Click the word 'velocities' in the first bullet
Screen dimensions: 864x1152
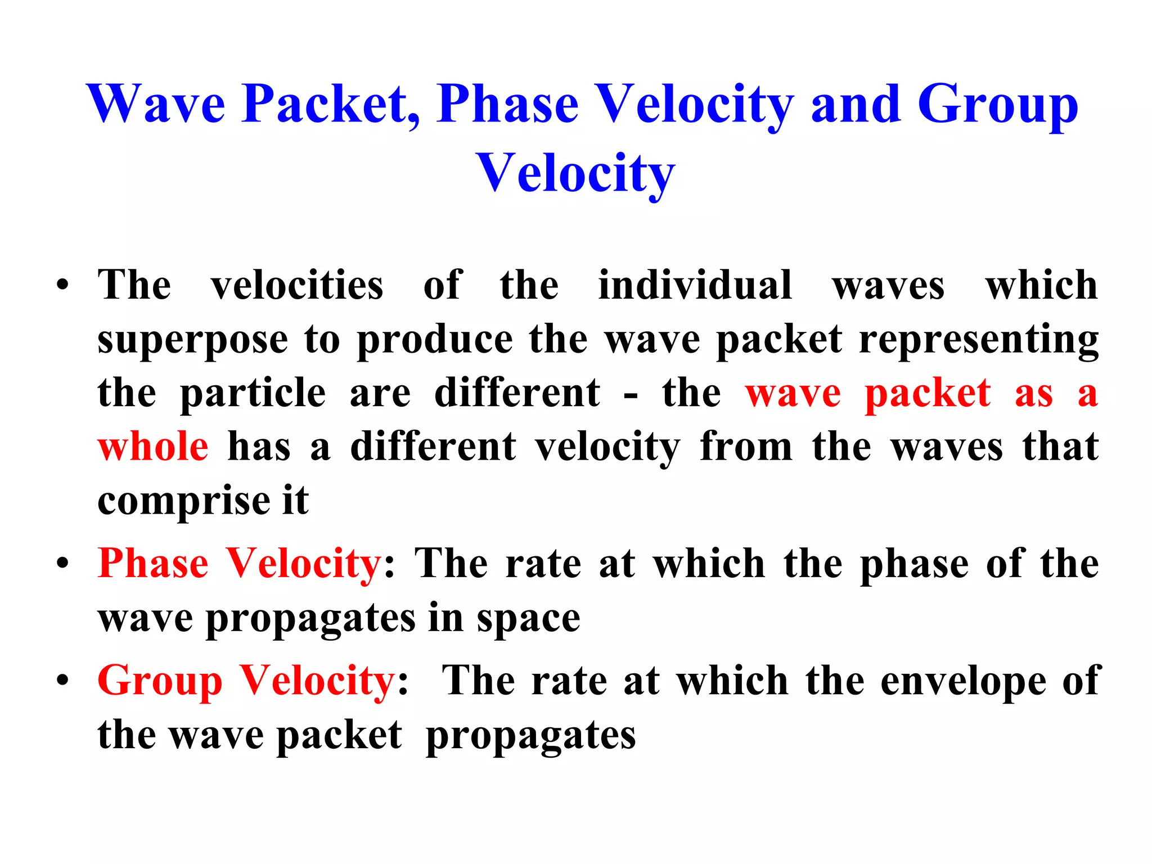[297, 285]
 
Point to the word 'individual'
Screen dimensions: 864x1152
[695, 285]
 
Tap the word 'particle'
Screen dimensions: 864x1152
[253, 393]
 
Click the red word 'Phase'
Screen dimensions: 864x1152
[153, 564]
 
